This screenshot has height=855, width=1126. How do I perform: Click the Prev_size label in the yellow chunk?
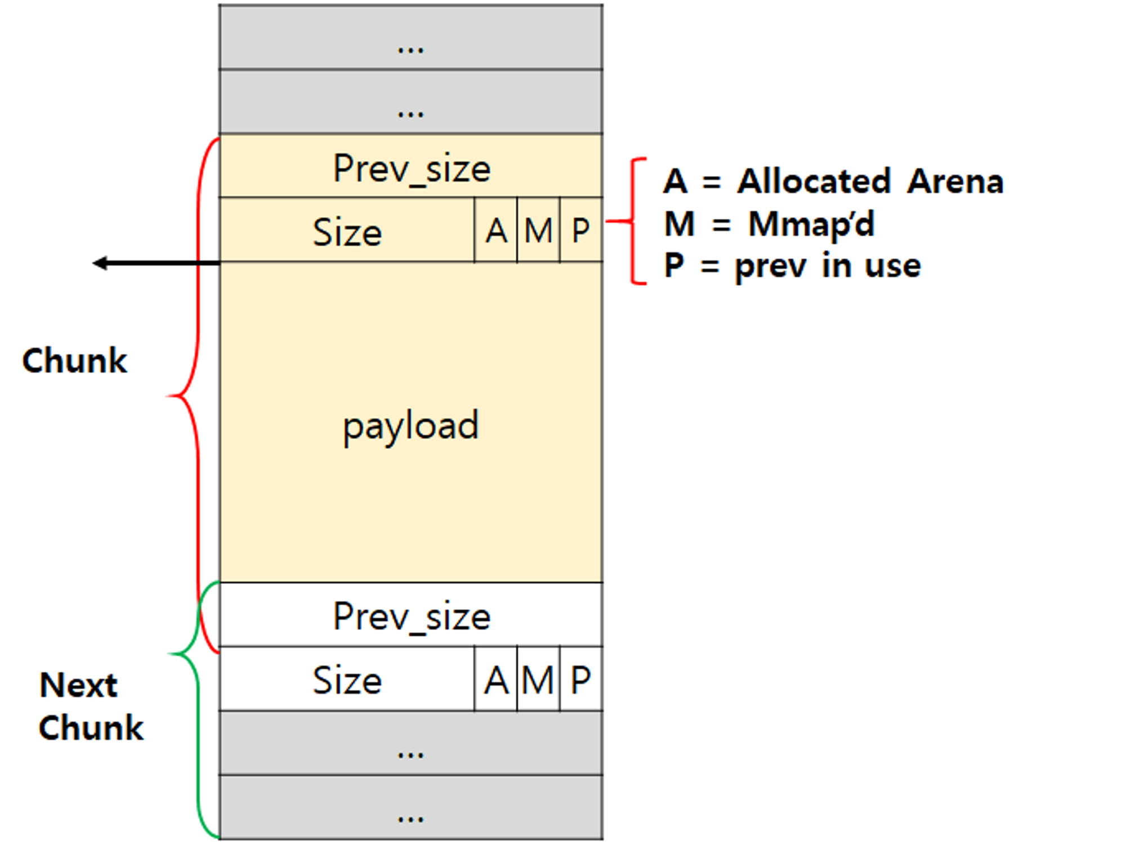click(x=412, y=168)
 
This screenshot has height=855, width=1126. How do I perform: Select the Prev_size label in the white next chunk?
click(x=412, y=616)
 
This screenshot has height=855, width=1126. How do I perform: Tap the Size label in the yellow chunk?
click(x=347, y=232)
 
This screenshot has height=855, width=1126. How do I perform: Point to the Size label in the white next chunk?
click(x=347, y=680)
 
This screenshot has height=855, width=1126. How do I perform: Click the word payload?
click(x=411, y=426)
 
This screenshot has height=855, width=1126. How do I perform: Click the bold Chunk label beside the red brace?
click(x=74, y=360)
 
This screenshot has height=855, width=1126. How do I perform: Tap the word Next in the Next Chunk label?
click(x=78, y=685)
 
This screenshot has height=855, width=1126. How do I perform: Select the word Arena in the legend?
click(x=955, y=181)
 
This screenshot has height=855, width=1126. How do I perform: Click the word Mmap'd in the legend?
click(x=811, y=224)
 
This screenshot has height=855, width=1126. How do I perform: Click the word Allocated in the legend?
click(x=814, y=181)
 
